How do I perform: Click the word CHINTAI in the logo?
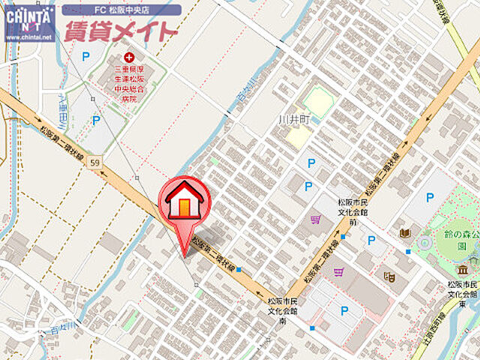[x=28, y=13]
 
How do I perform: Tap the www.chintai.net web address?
[x=28, y=35]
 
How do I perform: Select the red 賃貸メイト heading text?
[x=120, y=31]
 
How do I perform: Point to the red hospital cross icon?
[x=130, y=56]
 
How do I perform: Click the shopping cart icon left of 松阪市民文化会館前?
[x=315, y=219]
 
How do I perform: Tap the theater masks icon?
[x=388, y=276]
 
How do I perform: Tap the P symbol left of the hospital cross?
[x=85, y=55]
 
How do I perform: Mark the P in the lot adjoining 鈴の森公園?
[x=429, y=198]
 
